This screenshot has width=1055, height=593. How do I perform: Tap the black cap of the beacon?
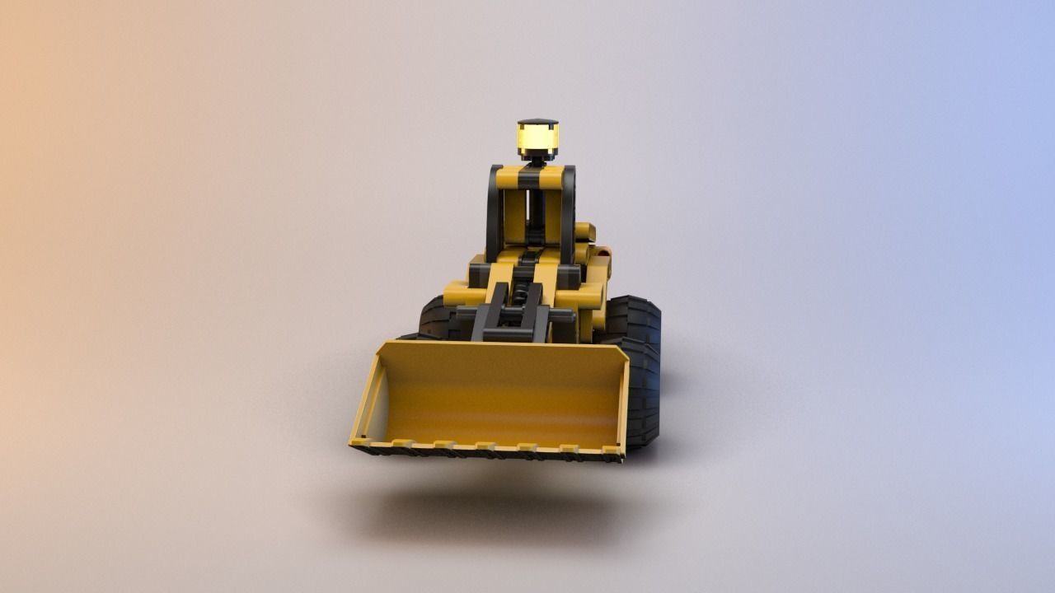tap(537, 123)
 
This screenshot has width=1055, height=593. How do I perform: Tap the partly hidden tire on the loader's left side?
tap(434, 320)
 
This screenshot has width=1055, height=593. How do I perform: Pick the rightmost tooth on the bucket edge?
tap(611, 451)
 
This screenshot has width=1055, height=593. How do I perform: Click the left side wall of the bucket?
tap(368, 395)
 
